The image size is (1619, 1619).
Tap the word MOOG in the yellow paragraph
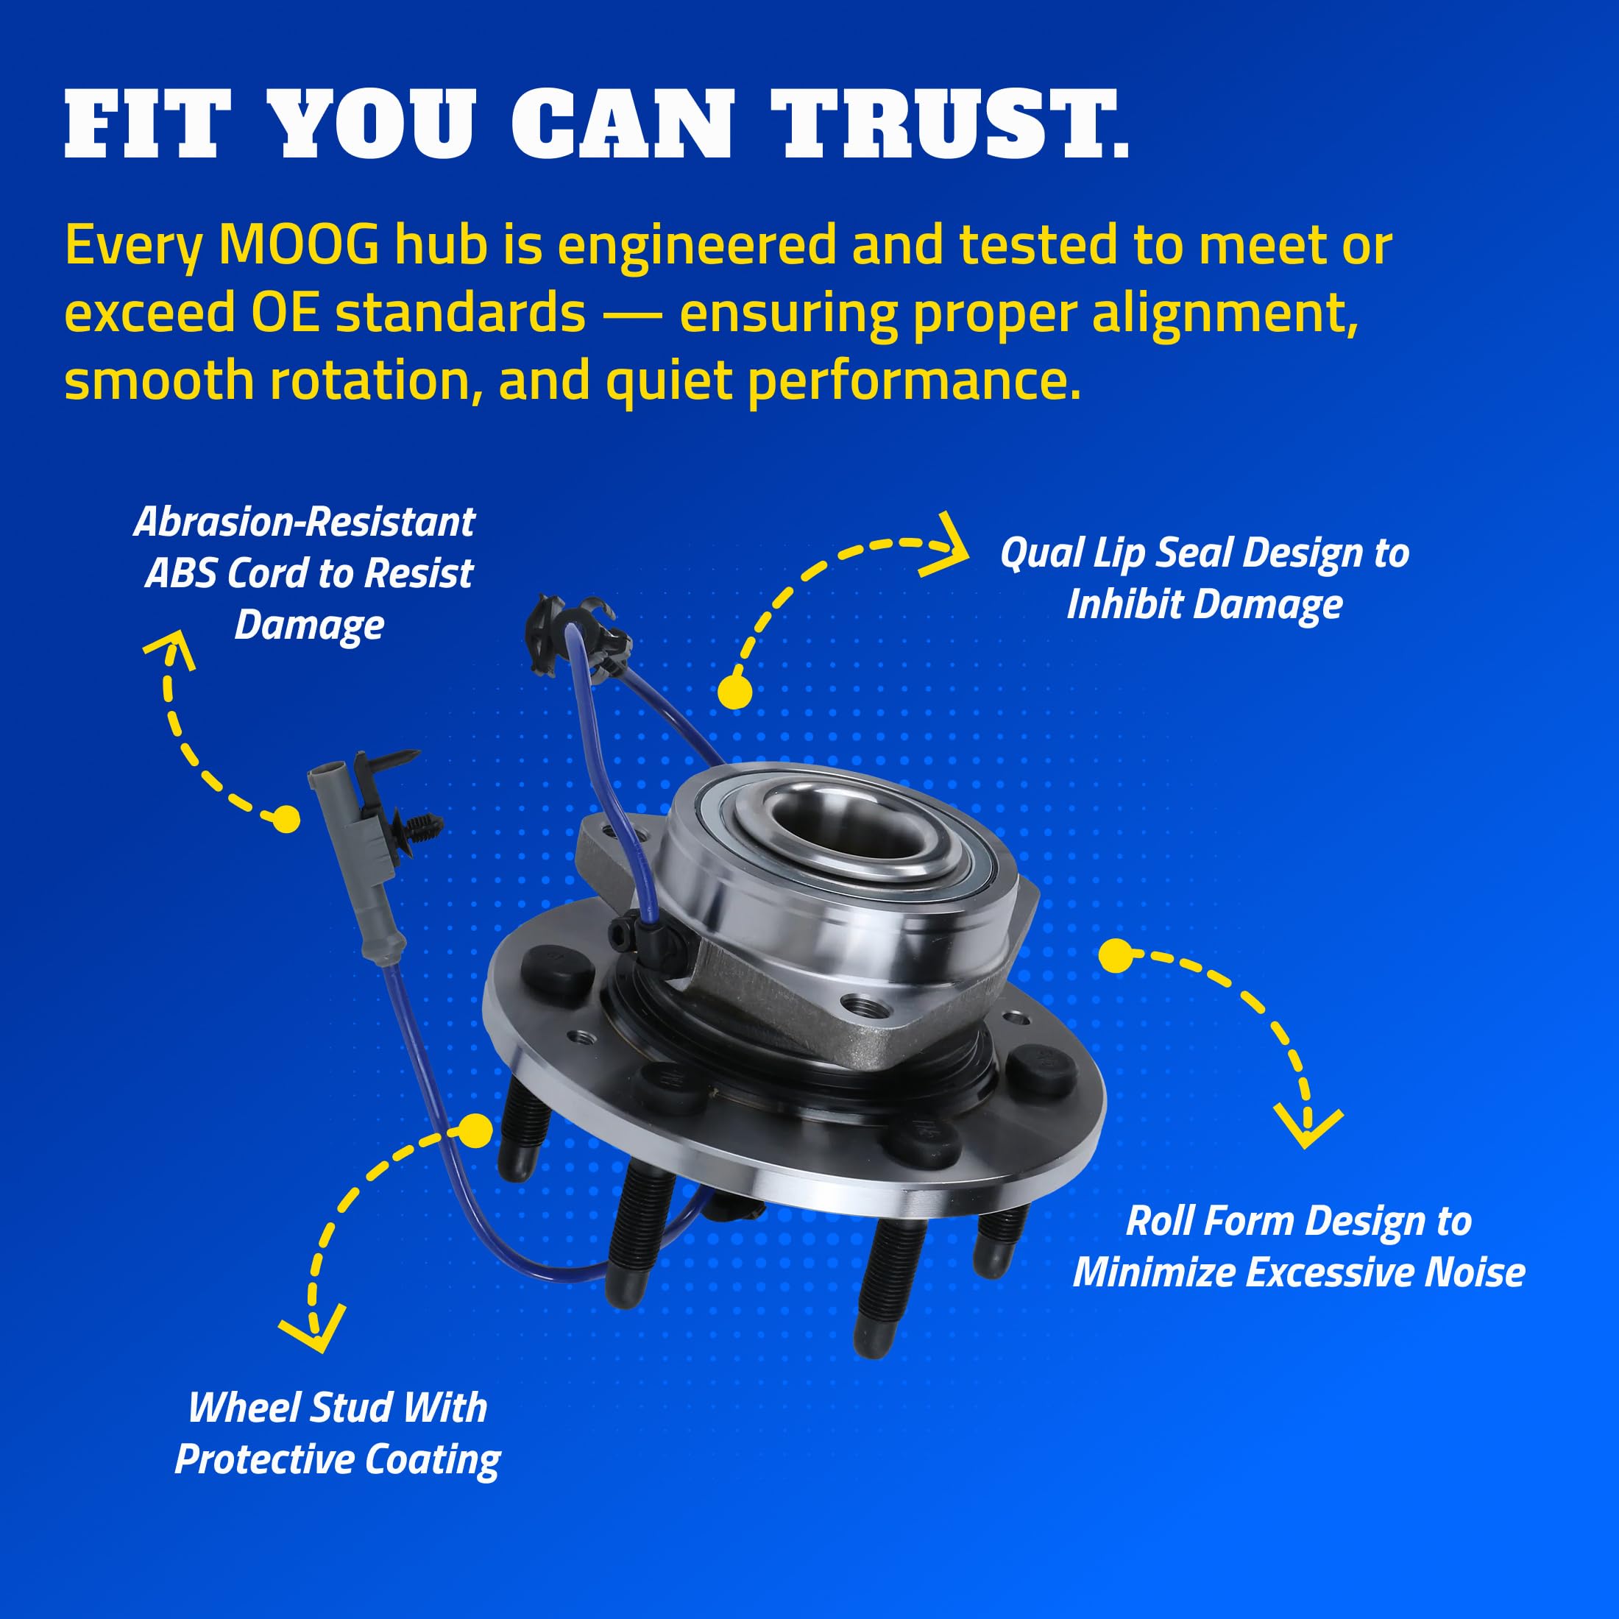point(298,246)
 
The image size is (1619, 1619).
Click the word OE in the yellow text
point(285,313)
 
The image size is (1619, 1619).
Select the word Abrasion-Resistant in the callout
point(304,522)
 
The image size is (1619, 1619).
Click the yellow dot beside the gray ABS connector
point(286,819)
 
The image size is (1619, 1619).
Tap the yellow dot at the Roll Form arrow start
point(1114,956)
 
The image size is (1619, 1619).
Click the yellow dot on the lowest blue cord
point(476,1130)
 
